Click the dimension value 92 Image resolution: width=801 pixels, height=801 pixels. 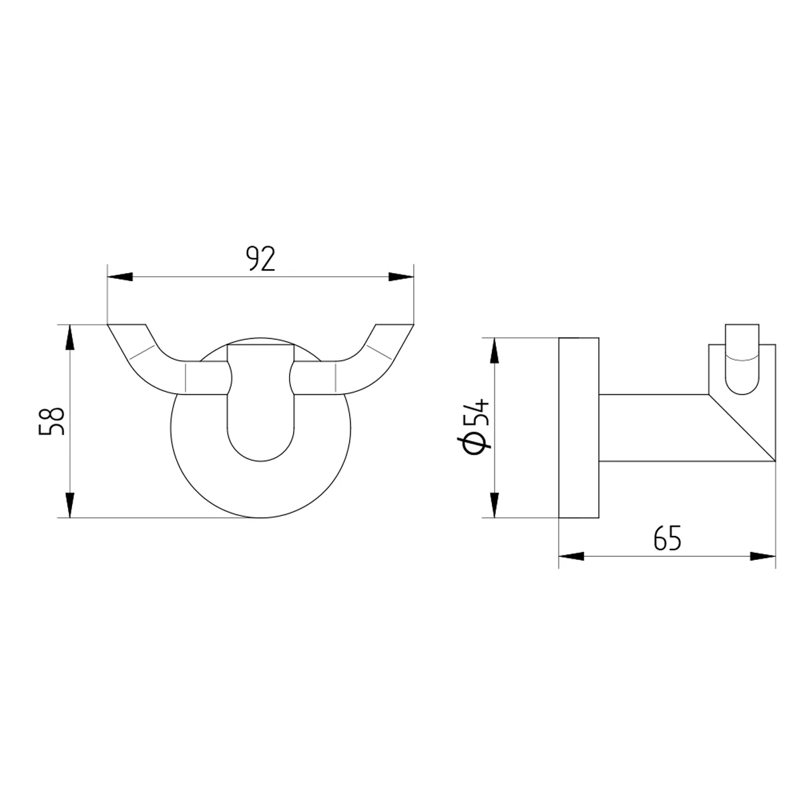click(x=260, y=258)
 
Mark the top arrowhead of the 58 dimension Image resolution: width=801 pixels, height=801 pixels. click(x=69, y=337)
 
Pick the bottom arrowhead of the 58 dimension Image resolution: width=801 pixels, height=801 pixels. click(x=69, y=505)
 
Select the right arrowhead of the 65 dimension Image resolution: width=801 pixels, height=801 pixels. click(x=763, y=556)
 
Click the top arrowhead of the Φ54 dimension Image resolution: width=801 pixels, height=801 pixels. click(x=494, y=350)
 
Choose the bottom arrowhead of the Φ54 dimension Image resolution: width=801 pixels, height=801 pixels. click(x=494, y=505)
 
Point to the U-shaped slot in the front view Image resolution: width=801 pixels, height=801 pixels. click(x=260, y=427)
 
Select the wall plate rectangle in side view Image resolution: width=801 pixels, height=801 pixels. click(x=579, y=427)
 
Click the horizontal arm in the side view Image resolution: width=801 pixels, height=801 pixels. click(x=654, y=427)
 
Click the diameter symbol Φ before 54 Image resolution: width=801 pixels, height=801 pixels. click(x=475, y=444)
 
